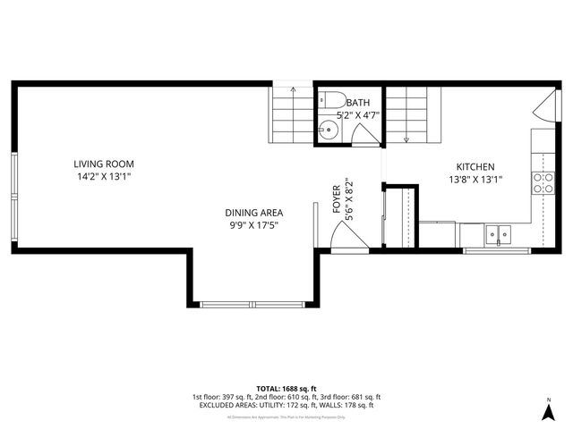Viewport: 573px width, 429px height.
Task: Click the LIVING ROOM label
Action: tap(105, 164)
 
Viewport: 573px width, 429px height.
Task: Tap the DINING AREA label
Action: tap(253, 213)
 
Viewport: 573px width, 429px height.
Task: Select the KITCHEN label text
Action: tap(475, 167)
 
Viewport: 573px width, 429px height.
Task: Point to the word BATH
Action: tap(359, 103)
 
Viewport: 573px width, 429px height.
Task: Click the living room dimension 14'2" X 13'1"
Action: tap(105, 176)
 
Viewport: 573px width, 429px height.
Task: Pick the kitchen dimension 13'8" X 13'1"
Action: tap(475, 180)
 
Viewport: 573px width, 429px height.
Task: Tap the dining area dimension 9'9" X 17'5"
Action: tap(253, 225)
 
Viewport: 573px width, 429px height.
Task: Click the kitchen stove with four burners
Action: tap(543, 183)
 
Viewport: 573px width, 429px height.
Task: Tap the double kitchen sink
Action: tap(498, 234)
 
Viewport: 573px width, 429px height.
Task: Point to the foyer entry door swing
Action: tap(346, 238)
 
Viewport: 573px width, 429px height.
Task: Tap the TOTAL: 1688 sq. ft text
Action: tap(286, 388)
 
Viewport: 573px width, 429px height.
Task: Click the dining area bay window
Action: tap(252, 305)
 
